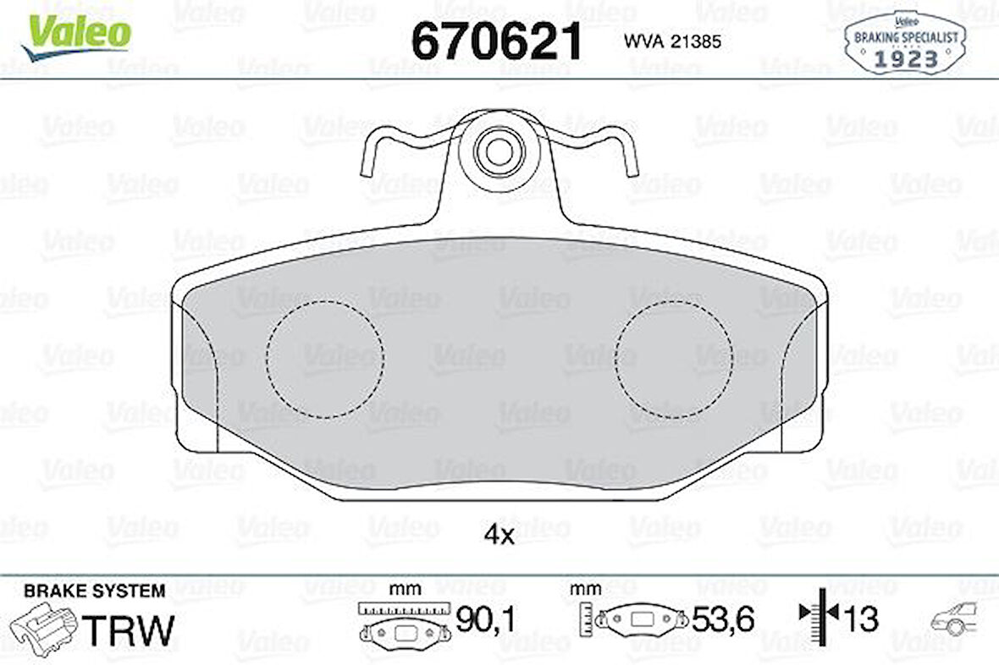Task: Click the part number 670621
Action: pyautogui.click(x=497, y=40)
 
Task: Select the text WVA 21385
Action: pyautogui.click(x=672, y=41)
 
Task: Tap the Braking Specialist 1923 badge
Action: pyautogui.click(x=904, y=42)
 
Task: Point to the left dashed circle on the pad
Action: pyautogui.click(x=324, y=359)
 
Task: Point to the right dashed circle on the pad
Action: pyautogui.click(x=674, y=359)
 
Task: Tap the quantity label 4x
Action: pyautogui.click(x=499, y=535)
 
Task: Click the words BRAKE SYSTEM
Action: pyautogui.click(x=95, y=591)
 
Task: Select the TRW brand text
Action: pyautogui.click(x=127, y=630)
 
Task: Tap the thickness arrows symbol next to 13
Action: pyautogui.click(x=818, y=618)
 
